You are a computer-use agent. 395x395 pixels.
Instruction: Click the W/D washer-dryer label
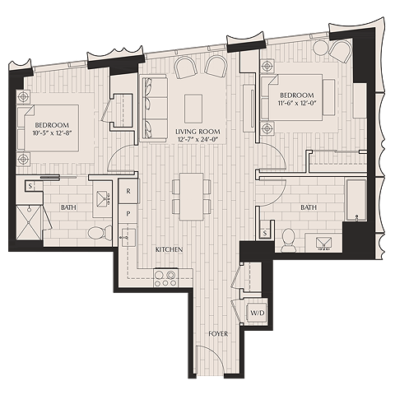click(x=257, y=313)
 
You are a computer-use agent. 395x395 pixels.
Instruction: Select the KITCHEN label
click(x=169, y=248)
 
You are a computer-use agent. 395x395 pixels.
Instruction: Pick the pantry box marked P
click(x=128, y=212)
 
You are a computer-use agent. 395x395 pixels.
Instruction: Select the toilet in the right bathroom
click(x=287, y=239)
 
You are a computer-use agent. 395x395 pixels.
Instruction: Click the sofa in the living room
click(x=153, y=106)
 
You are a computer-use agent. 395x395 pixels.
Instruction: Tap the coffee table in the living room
click(x=193, y=106)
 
